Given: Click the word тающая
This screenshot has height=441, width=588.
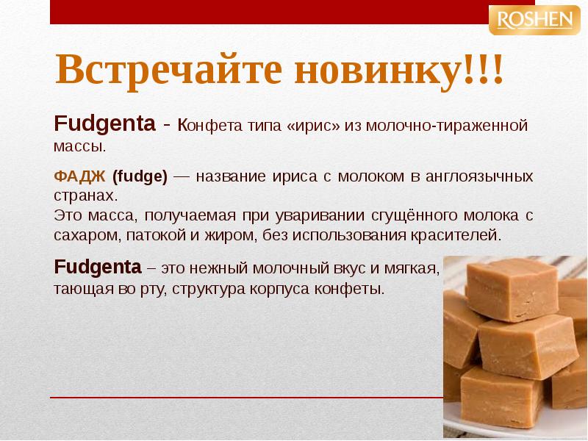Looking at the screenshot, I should [x=83, y=288].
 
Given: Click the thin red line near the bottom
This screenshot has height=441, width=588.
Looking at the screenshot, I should [x=243, y=398].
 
